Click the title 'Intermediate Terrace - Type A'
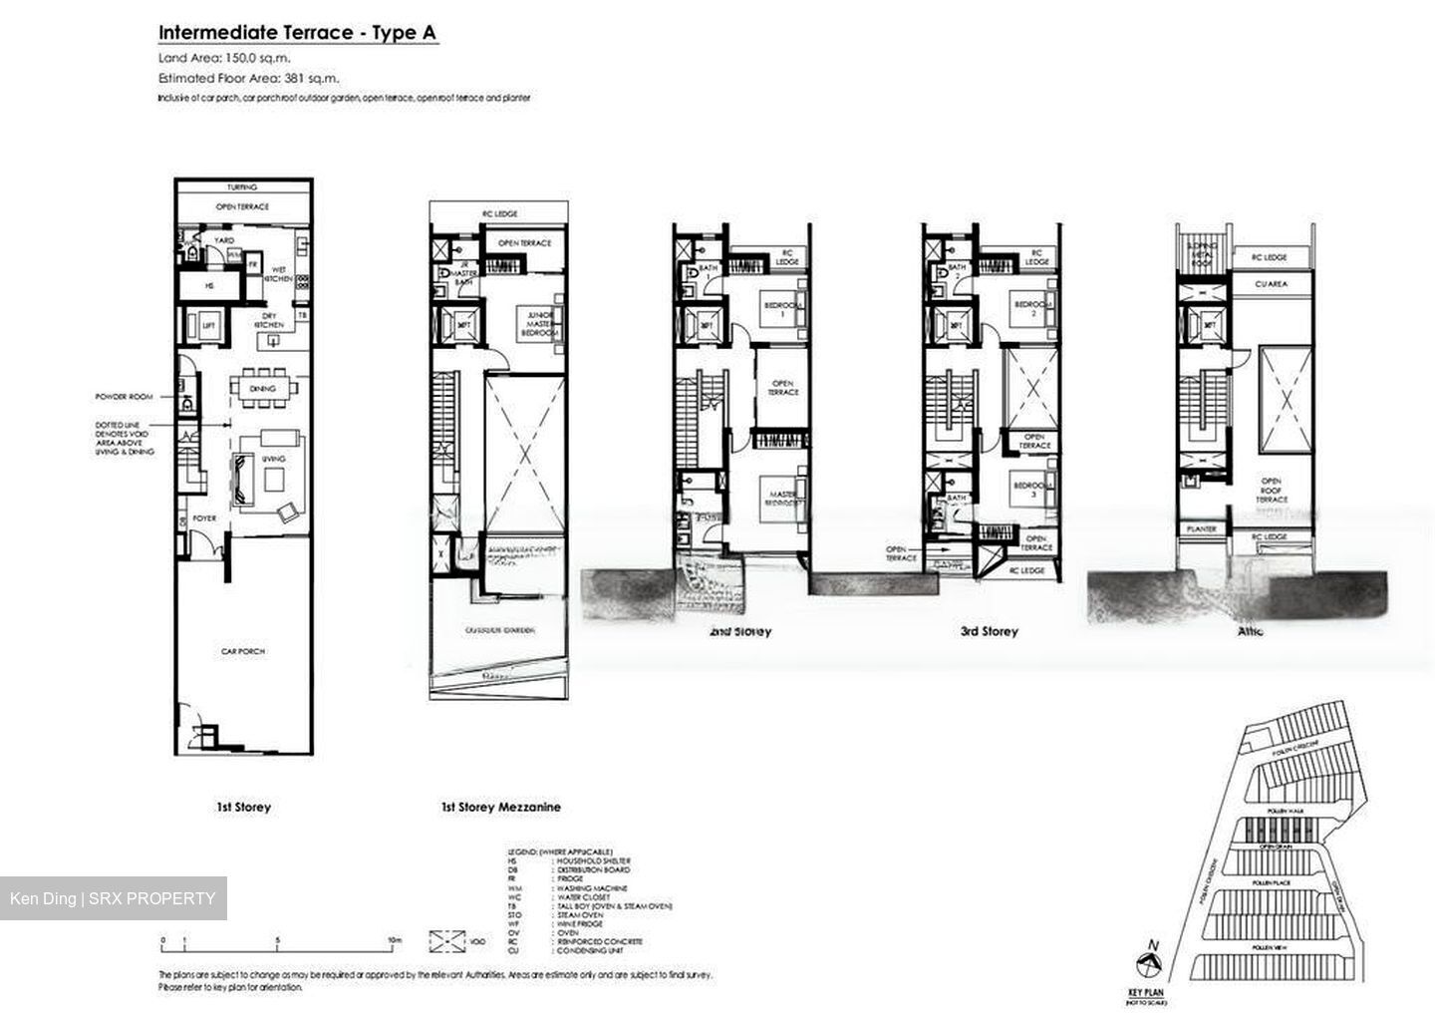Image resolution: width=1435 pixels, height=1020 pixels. pyautogui.click(x=297, y=33)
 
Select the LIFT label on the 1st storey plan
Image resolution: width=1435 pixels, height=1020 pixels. pyautogui.click(x=209, y=326)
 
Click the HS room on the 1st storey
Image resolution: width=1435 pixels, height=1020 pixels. pyautogui.click(x=209, y=286)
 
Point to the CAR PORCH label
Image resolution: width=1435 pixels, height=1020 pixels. pyautogui.click(x=242, y=651)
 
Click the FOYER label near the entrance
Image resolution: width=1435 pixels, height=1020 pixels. pyautogui.click(x=204, y=518)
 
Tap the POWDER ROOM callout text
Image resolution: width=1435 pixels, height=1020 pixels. pyautogui.click(x=125, y=396)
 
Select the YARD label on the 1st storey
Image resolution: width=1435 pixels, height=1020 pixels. pyautogui.click(x=225, y=240)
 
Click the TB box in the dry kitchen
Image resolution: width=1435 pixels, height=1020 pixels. pyautogui.click(x=303, y=315)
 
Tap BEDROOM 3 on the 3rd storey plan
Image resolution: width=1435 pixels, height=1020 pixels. pyautogui.click(x=1031, y=490)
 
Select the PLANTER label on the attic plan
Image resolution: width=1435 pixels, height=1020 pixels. pyautogui.click(x=1202, y=528)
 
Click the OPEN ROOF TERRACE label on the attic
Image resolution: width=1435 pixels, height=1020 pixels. pyautogui.click(x=1272, y=490)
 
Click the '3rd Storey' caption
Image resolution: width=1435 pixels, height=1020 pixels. pyautogui.click(x=989, y=631)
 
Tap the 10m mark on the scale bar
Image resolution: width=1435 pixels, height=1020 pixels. pyautogui.click(x=395, y=939)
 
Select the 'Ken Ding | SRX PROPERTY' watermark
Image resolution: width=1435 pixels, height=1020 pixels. pyautogui.click(x=113, y=898)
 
